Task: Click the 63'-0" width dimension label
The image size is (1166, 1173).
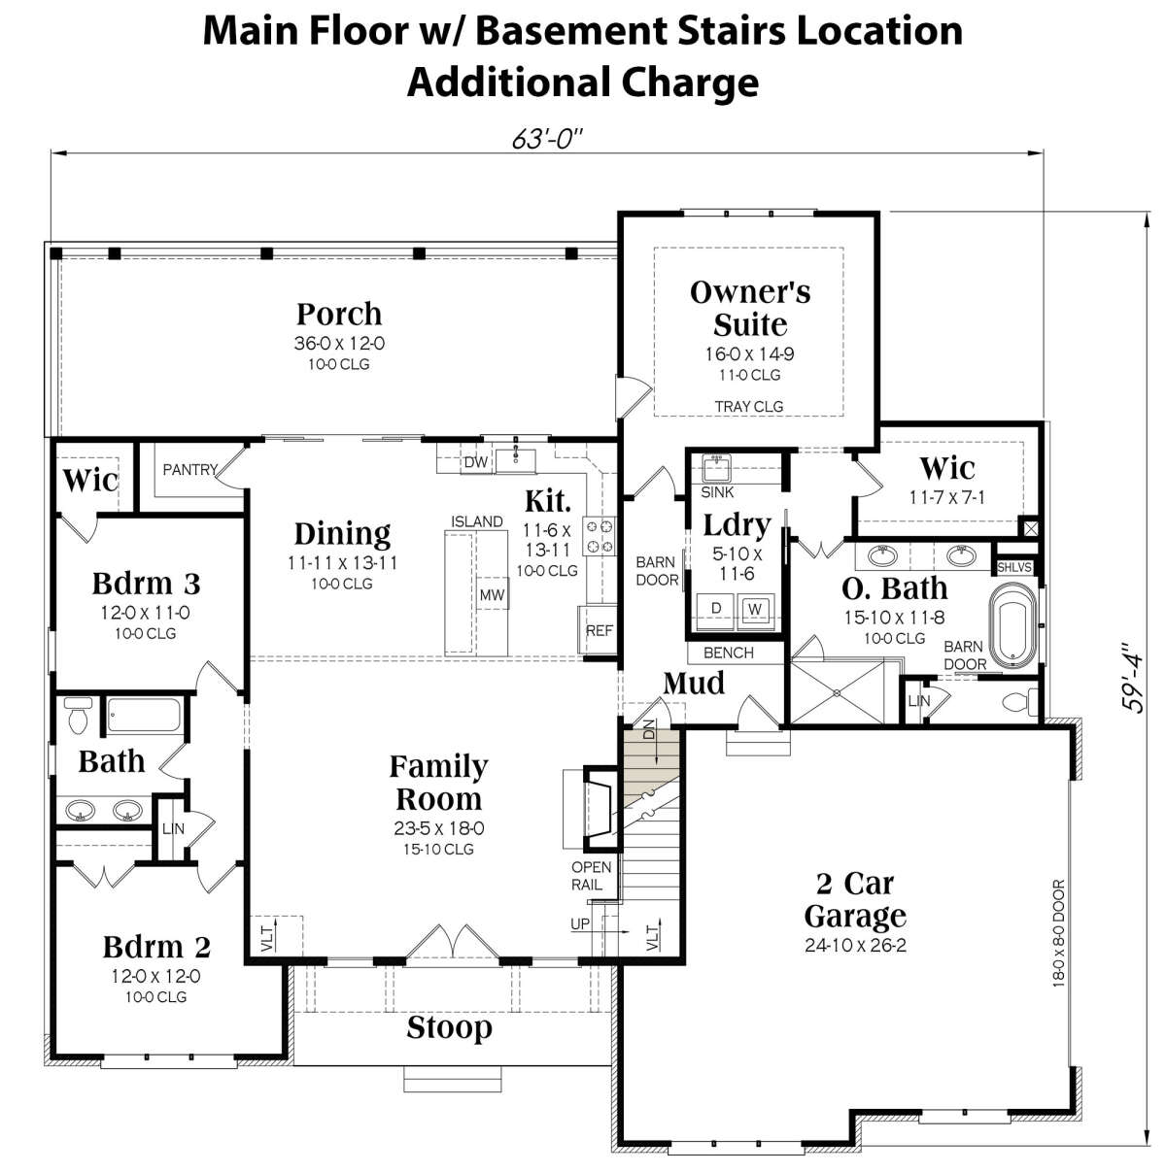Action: coord(546,140)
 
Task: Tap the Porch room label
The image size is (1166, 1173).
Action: coord(339,314)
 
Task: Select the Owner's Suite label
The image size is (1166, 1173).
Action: coord(750,308)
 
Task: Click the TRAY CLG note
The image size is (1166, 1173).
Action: coord(749,406)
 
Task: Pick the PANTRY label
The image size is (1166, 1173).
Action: coord(190,469)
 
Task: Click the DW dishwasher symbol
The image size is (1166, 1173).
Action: coord(476,462)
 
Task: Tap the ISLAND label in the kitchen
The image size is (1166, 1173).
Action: coord(476,521)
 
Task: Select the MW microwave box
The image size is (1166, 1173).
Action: coord(493,594)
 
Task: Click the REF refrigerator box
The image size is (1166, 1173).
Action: coord(599,630)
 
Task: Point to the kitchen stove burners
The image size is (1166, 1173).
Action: coord(599,536)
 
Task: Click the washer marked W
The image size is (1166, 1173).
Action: coord(755,610)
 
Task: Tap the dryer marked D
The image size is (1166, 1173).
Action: coord(716,608)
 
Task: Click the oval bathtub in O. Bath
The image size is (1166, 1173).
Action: coord(1012,626)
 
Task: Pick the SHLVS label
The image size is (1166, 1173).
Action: coord(1013,567)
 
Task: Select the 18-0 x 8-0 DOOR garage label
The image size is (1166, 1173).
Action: coord(1059,932)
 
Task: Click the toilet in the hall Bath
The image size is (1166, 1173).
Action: coord(78,716)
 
